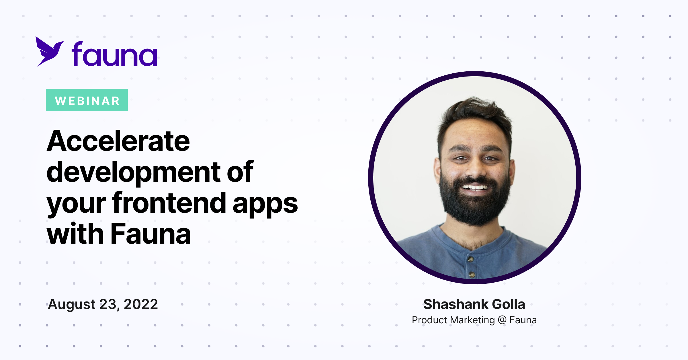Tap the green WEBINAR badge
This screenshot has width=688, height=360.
(x=87, y=100)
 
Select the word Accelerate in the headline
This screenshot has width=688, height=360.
(x=118, y=141)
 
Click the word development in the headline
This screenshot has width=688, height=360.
(x=134, y=172)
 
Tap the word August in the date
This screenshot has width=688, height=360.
(x=72, y=305)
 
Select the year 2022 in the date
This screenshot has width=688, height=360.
(x=141, y=304)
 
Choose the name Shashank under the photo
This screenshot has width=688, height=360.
(x=456, y=304)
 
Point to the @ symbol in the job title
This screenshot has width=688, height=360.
(x=502, y=320)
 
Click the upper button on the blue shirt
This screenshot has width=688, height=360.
(x=470, y=259)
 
